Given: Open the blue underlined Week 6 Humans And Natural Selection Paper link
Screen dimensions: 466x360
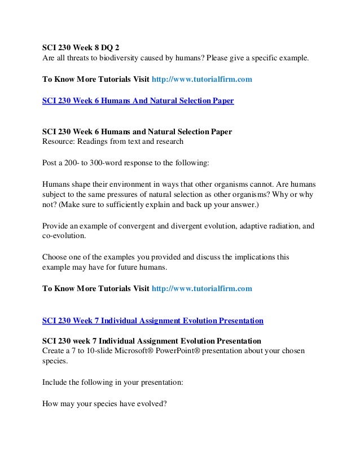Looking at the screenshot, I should coord(138,101).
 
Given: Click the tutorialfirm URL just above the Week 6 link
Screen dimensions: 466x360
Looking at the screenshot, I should coord(202,80).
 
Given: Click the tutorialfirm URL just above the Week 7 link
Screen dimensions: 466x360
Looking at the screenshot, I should coord(202,288).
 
